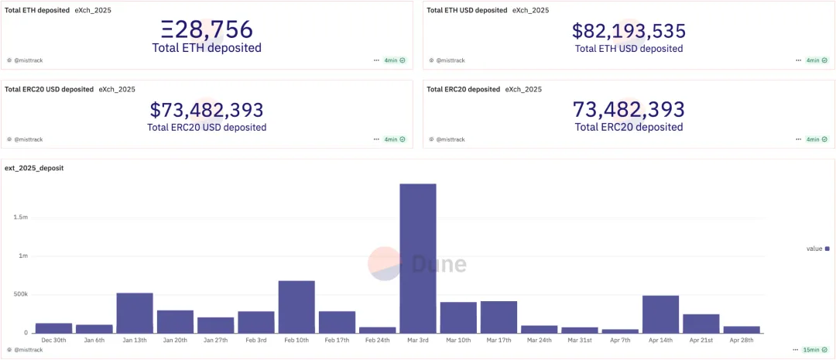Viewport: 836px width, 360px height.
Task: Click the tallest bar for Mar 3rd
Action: [418, 259]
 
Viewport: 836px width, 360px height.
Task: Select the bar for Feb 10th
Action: [296, 307]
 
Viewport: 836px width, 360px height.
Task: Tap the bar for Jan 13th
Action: [135, 313]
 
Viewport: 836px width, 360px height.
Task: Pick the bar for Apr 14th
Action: [660, 314]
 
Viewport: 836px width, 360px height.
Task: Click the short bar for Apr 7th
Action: [620, 331]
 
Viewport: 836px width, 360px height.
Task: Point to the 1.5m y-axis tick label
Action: [20, 218]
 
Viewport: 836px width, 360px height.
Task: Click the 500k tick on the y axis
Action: [20, 294]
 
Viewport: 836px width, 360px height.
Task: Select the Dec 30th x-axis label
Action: [54, 340]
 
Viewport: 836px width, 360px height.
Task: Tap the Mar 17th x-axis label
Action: [499, 340]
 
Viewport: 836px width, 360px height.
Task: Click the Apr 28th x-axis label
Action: [741, 340]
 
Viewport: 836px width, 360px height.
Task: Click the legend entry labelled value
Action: [817, 249]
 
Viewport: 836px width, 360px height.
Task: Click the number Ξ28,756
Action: [207, 29]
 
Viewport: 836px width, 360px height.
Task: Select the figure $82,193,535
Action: [629, 31]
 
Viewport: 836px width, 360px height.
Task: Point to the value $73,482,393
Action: [207, 110]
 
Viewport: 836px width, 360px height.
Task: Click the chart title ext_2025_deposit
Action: [34, 167]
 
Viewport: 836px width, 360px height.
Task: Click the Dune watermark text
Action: [438, 264]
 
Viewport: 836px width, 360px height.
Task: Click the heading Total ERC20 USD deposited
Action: [50, 89]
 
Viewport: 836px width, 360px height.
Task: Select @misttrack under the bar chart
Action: [28, 350]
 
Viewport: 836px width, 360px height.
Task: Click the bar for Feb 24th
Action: [378, 330]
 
